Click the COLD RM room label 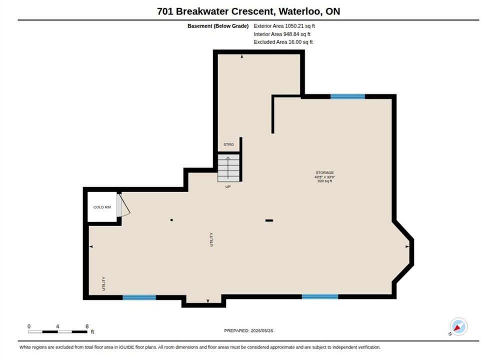[x=102, y=207]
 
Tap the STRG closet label [x=228, y=144]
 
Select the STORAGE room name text [x=324, y=172]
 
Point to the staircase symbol [x=228, y=168]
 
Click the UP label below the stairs [x=228, y=186]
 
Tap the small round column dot [x=171, y=220]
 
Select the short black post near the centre [x=269, y=220]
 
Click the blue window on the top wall [x=347, y=96]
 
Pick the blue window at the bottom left [x=139, y=297]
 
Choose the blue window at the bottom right [x=320, y=297]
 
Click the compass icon [x=458, y=326]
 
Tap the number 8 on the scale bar [x=87, y=326]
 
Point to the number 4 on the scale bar [x=57, y=326]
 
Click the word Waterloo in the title [x=300, y=11]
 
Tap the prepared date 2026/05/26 [x=262, y=330]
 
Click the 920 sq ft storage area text [x=324, y=181]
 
